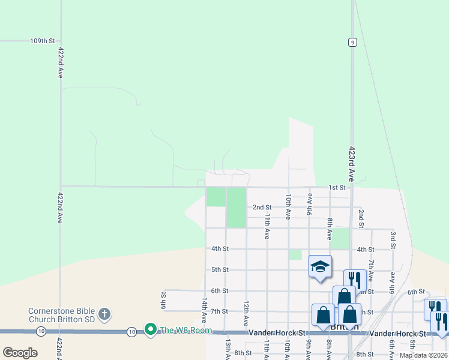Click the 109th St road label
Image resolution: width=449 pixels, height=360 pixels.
pyautogui.click(x=43, y=41)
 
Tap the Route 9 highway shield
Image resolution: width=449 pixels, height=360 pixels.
pyautogui.click(x=352, y=41)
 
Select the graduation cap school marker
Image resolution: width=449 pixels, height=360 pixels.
pyautogui.click(x=320, y=266)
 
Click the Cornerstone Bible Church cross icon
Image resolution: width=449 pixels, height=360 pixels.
pyautogui.click(x=104, y=313)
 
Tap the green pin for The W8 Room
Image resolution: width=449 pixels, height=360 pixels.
pyautogui.click(x=150, y=330)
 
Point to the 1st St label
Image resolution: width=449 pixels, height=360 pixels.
pyautogui.click(x=337, y=188)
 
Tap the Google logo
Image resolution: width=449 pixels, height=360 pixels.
pyautogui.click(x=20, y=353)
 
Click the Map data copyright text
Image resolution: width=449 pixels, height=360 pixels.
pyautogui.click(x=424, y=355)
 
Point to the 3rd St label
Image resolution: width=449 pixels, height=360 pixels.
pyautogui.click(x=393, y=239)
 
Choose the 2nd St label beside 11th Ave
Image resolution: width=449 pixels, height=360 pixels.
pyautogui.click(x=262, y=207)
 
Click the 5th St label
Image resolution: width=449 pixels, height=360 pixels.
pyautogui.click(x=220, y=270)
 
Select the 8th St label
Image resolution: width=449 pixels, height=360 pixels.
pyautogui.click(x=243, y=353)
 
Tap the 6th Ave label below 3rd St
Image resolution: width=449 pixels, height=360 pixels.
pyautogui.click(x=392, y=282)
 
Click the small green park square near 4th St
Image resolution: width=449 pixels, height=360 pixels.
pyautogui.click(x=295, y=254)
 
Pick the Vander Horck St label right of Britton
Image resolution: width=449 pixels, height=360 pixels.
pyautogui.click(x=398, y=333)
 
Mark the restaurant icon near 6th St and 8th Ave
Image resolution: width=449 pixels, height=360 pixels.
pyautogui.click(x=354, y=280)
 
